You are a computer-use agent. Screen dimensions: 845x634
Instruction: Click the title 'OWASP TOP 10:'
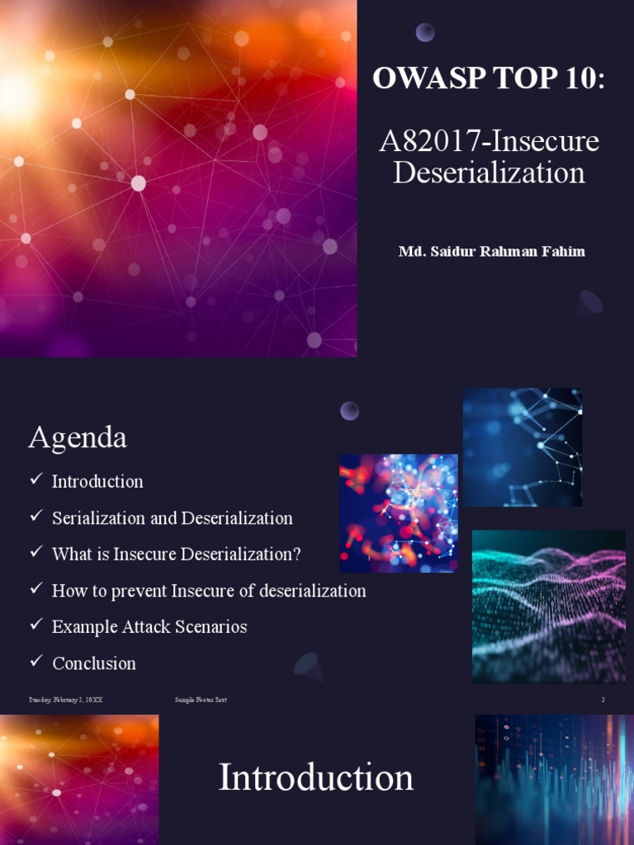489,78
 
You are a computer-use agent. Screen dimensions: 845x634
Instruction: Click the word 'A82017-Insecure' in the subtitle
489,141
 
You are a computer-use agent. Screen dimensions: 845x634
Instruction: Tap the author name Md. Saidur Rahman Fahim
491,251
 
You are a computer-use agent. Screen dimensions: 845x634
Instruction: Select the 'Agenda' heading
78,437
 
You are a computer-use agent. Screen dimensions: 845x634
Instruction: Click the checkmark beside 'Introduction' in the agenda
35,479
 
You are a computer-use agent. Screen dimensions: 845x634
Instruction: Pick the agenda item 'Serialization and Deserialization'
172,518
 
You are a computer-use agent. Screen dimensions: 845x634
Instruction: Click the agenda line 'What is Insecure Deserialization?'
176,555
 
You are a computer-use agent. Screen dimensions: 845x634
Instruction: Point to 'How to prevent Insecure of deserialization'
208,591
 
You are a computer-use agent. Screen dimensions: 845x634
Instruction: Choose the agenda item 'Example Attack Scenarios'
149,627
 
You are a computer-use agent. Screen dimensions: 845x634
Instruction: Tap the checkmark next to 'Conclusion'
35,661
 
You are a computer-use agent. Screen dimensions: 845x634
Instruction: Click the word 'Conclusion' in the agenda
94,663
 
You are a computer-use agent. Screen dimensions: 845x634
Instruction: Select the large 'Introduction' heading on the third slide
315,778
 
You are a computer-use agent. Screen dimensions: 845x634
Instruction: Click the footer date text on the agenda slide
66,700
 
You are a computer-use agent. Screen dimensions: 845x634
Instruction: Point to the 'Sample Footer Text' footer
201,700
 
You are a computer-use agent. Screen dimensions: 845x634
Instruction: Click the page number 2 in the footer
603,700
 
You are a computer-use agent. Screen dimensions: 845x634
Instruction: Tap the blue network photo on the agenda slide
523,447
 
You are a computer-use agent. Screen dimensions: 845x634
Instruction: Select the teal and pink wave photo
548,607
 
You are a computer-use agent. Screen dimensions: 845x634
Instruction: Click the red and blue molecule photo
398,513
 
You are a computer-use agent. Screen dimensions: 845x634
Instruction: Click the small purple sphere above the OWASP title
425,32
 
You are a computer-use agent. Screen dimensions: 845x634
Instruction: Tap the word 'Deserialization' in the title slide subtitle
489,172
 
